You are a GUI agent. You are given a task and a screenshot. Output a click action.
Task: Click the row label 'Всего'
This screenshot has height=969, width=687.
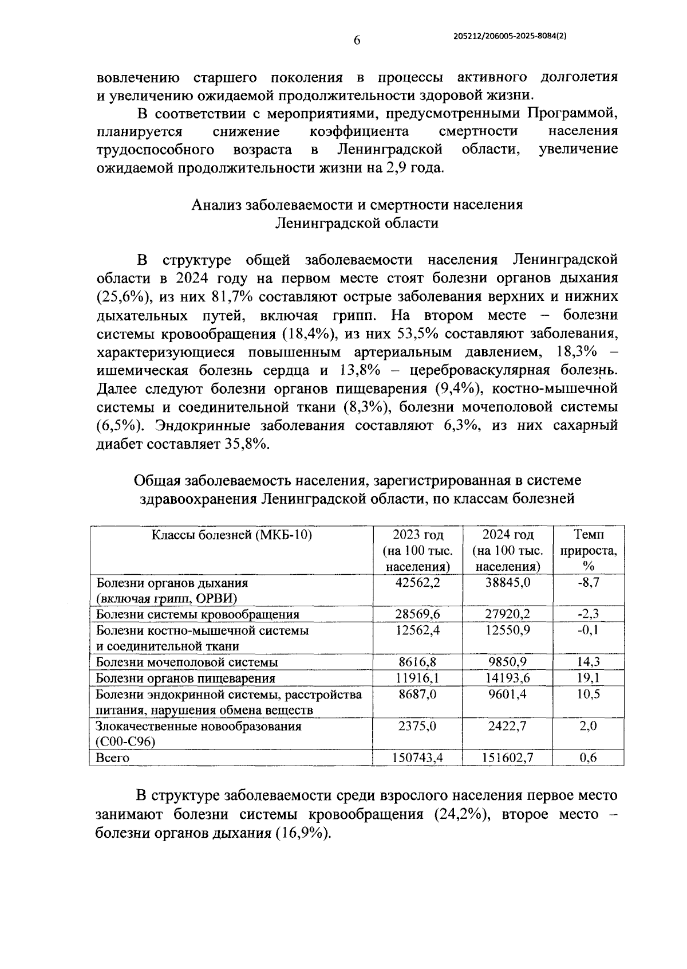pyautogui.click(x=113, y=758)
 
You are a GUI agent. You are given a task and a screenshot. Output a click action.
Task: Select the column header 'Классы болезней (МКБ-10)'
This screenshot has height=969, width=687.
pyautogui.click(x=231, y=535)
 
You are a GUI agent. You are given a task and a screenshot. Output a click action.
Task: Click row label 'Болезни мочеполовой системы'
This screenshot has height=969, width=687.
pyautogui.click(x=187, y=662)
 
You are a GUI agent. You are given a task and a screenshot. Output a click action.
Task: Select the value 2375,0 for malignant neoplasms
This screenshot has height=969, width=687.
pyautogui.click(x=417, y=726)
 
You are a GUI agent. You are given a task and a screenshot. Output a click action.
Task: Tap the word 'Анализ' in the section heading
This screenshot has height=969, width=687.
pyautogui.click(x=216, y=205)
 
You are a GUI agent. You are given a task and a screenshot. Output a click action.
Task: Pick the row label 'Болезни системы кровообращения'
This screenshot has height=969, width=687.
pyautogui.click(x=198, y=615)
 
